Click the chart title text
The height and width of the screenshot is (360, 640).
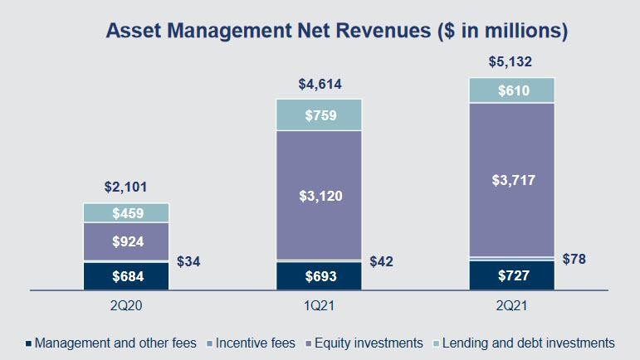[x=336, y=32]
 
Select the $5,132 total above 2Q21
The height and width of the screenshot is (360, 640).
[x=511, y=61]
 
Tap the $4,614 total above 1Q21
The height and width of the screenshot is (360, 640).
[x=320, y=84]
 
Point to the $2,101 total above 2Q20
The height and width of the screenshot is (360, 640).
[x=126, y=187]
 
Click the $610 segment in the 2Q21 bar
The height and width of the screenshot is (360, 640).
[x=511, y=90]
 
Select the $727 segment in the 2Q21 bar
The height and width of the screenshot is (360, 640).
[x=511, y=275]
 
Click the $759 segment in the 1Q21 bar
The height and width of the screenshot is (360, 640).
[x=320, y=114]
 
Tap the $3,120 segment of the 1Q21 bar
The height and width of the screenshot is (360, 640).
[x=320, y=196]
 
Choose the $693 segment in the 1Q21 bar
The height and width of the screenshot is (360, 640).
[x=320, y=275]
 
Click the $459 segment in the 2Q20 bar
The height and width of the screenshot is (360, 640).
[x=126, y=213]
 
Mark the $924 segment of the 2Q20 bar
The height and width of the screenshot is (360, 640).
[x=126, y=243]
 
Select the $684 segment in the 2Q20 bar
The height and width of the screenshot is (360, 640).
[x=126, y=275]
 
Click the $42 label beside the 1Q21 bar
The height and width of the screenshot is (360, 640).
[x=381, y=261]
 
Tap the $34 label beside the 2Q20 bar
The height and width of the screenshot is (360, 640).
[x=189, y=262]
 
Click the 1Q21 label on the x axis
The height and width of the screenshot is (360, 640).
[x=320, y=305]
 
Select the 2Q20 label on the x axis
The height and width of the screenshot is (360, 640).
[x=126, y=305]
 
